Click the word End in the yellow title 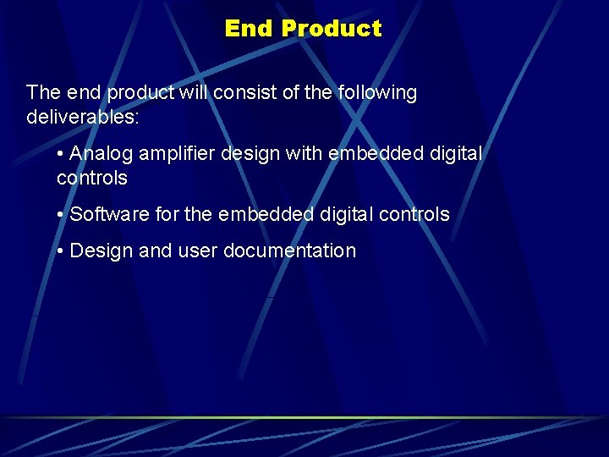click(250, 29)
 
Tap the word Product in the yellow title click(331, 29)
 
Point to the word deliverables click(82, 117)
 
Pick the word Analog click(101, 154)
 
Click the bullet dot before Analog click(61, 155)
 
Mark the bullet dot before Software click(61, 215)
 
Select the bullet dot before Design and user click(61, 251)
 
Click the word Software click(105, 215)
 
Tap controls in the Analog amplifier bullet click(91, 179)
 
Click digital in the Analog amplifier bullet click(453, 154)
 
